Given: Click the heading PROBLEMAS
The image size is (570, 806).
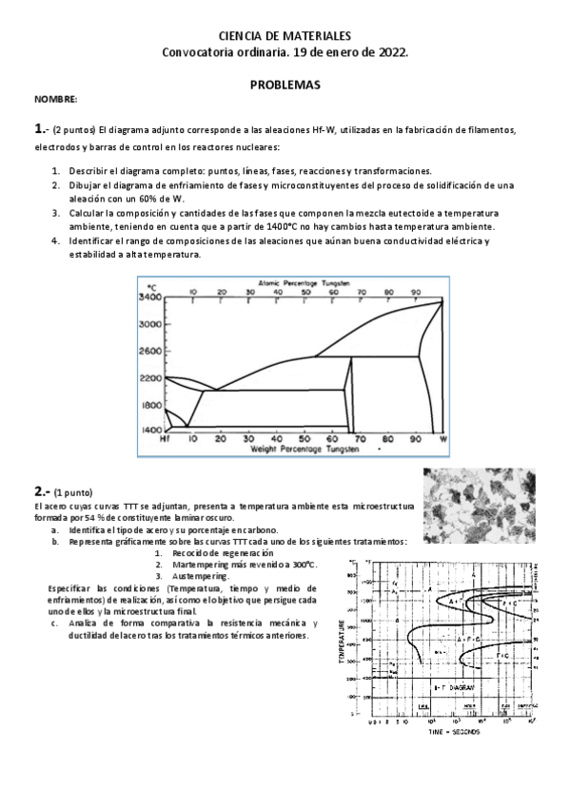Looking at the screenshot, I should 285,85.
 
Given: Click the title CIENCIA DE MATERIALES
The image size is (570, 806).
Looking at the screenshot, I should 285,34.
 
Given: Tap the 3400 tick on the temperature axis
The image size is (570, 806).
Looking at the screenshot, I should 150,297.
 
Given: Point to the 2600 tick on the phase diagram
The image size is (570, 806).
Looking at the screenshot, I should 150,351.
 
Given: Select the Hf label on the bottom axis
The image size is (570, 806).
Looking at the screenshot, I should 165,439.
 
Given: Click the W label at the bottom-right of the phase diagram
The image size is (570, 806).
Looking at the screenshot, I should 442,439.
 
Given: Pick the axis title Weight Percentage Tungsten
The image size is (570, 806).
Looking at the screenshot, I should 304,448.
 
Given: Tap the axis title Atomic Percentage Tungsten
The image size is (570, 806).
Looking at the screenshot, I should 305,283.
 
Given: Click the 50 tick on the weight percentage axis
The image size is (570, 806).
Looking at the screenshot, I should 305,439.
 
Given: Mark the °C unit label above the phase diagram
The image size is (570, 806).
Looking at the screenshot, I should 150,286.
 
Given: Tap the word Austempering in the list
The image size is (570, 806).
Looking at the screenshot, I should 201,576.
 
